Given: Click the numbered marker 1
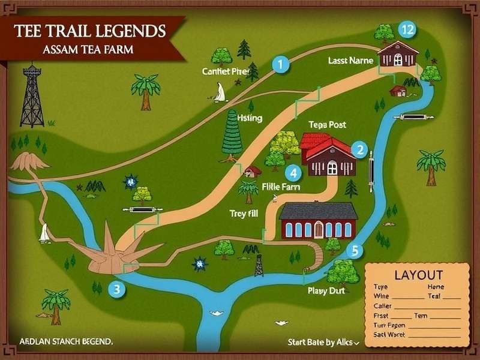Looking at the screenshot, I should [x=280, y=63].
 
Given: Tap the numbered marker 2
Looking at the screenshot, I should [x=359, y=149].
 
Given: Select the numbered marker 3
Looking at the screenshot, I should [x=117, y=289].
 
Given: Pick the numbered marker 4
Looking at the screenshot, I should [x=293, y=173].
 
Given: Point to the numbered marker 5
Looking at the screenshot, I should [x=355, y=251].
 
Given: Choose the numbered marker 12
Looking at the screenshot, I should [x=407, y=29].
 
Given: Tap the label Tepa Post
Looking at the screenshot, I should [x=328, y=124].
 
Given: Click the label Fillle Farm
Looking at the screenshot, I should [x=281, y=187].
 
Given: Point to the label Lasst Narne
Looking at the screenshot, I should [x=350, y=61].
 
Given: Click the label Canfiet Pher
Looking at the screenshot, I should [x=225, y=71].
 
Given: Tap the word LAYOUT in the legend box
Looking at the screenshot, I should [x=418, y=275].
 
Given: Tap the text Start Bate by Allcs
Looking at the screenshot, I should [x=322, y=343].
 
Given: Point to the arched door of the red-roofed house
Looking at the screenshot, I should [x=332, y=169].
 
